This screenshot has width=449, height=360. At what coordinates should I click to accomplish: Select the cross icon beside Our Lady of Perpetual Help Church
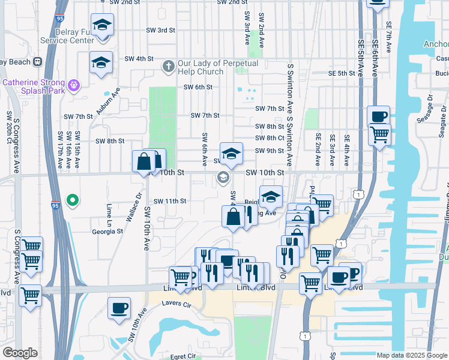[x=169, y=64]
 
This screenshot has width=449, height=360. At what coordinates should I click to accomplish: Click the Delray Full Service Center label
[x=66, y=35]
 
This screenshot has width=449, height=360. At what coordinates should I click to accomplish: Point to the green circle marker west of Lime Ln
[x=73, y=200]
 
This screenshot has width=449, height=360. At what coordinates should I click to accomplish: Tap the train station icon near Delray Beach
[x=37, y=62]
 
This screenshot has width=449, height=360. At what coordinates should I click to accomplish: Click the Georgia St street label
[x=107, y=231]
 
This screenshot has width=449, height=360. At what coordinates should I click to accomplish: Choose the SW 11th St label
[x=170, y=201]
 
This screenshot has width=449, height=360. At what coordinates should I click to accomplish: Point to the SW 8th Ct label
[x=269, y=138]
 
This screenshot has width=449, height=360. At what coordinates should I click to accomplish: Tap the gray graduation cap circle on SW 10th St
[x=223, y=177]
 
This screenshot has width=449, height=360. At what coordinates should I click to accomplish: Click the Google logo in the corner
[x=20, y=353]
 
